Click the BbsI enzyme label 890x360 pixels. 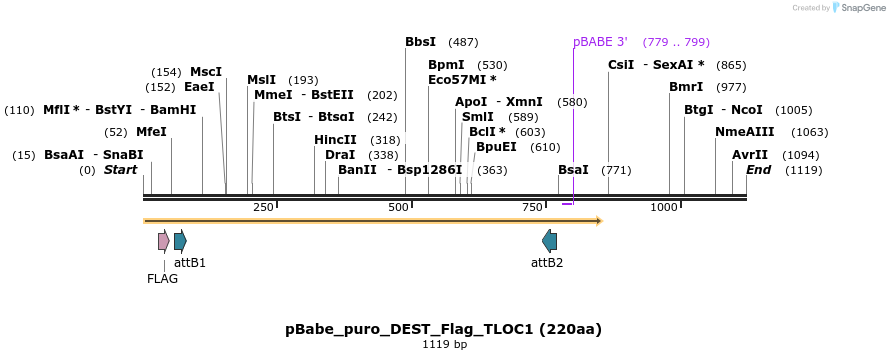[x=420, y=42]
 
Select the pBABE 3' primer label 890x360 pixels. [x=600, y=42]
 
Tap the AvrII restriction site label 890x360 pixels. [x=749, y=155]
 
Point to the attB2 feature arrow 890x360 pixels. [x=549, y=240]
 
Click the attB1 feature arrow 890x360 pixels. [x=180, y=240]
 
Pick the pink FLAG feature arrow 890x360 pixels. [x=163, y=240]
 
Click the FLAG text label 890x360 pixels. [x=162, y=279]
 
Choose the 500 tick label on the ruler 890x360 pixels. [x=398, y=207]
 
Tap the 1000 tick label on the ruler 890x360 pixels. [x=664, y=207]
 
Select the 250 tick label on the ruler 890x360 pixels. [x=263, y=207]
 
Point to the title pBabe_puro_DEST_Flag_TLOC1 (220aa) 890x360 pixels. [x=443, y=329]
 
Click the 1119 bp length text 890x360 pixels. [x=444, y=345]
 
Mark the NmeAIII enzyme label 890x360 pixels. [x=744, y=132]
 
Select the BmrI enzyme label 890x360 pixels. [x=686, y=87]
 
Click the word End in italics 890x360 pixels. [x=758, y=170]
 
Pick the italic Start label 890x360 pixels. [x=120, y=170]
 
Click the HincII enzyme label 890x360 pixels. [x=335, y=140]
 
